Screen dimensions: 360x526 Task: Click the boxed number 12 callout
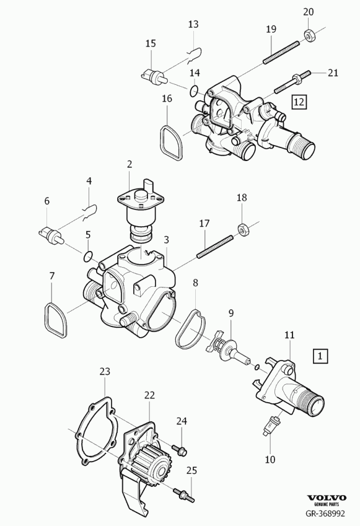299,102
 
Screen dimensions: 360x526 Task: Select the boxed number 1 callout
320,356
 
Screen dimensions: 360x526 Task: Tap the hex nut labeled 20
309,35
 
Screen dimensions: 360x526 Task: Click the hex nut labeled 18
242,229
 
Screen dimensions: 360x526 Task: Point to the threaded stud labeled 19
281,52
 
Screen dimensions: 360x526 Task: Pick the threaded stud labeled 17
215,247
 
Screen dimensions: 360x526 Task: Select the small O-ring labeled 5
88,256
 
